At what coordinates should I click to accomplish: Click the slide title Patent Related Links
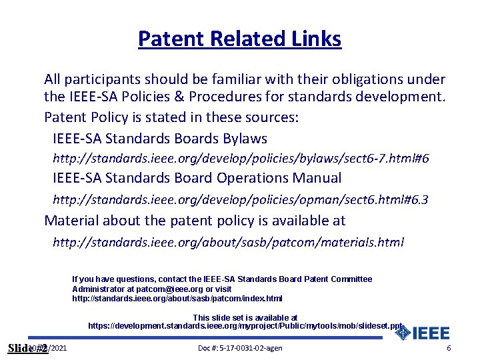click(239, 39)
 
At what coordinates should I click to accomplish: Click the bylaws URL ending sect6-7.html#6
click(241, 159)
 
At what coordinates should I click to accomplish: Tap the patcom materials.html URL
click(228, 242)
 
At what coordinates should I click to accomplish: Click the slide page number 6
click(449, 349)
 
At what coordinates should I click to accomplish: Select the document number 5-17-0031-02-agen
click(240, 349)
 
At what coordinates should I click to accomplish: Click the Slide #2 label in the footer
click(27, 349)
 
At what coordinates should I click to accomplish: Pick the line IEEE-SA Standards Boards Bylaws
click(159, 139)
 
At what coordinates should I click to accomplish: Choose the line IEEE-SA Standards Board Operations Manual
click(197, 178)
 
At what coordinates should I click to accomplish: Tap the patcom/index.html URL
click(177, 298)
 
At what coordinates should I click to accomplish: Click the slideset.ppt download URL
click(245, 326)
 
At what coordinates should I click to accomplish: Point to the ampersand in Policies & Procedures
click(177, 97)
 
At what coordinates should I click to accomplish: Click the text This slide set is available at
click(245, 317)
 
